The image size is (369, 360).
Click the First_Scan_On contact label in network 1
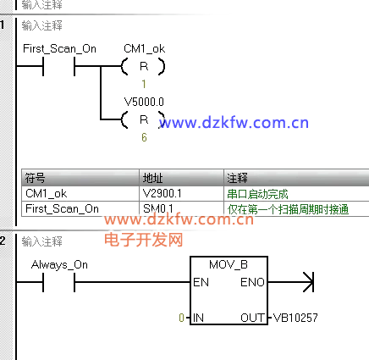[x=59, y=49]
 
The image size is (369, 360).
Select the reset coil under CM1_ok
[x=144, y=66]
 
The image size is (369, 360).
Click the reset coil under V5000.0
[x=144, y=119]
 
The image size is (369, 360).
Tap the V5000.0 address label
[x=144, y=102]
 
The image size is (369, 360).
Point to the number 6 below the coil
[x=144, y=137]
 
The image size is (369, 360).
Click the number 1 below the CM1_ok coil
[x=144, y=84]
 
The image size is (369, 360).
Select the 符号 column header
[x=35, y=178]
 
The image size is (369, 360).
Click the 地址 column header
[x=152, y=178]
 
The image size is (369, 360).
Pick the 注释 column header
[x=237, y=178]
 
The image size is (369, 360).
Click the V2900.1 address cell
[x=162, y=194]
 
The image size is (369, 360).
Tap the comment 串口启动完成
[x=257, y=194]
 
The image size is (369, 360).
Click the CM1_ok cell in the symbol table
[x=47, y=194]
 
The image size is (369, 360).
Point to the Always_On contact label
[x=59, y=265]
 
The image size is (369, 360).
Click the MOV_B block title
[x=229, y=265]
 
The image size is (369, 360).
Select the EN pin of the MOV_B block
[x=201, y=282]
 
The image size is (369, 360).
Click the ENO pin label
[x=252, y=282]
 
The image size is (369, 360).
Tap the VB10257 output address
[x=295, y=318]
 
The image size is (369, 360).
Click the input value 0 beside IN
[x=182, y=318]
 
